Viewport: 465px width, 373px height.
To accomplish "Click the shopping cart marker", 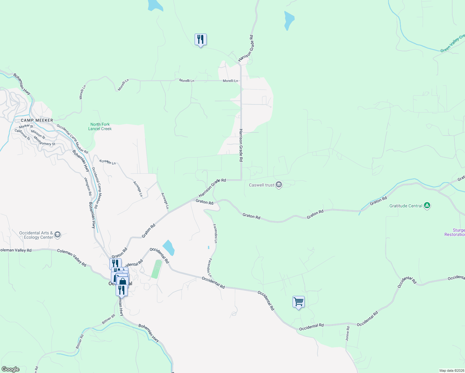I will pyautogui.click(x=298, y=302).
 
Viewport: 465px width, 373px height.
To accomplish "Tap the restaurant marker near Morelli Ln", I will pyautogui.click(x=200, y=39).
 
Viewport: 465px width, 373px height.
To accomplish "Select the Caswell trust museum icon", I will pyautogui.click(x=279, y=185).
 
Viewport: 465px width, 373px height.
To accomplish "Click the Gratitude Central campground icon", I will pyautogui.click(x=427, y=205).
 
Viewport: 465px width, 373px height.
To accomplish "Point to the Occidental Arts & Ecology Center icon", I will pyautogui.click(x=57, y=235).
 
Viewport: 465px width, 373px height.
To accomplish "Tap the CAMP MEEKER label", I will pyautogui.click(x=37, y=120).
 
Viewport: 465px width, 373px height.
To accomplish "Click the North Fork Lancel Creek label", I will pyautogui.click(x=100, y=127).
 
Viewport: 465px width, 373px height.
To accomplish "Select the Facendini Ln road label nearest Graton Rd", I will pyautogui.click(x=215, y=233).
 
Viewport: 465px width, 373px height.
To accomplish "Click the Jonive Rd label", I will pyautogui.click(x=348, y=333).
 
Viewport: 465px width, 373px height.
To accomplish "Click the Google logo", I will pyautogui.click(x=11, y=369).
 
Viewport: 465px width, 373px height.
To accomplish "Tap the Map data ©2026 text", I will pyautogui.click(x=451, y=371).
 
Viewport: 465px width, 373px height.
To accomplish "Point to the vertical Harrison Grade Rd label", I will pyautogui.click(x=241, y=145).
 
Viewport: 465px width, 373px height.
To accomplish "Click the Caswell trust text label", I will pyautogui.click(x=261, y=185).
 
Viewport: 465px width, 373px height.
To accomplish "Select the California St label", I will pyautogui.click(x=22, y=134).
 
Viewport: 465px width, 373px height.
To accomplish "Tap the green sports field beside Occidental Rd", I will pyautogui.click(x=157, y=269).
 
